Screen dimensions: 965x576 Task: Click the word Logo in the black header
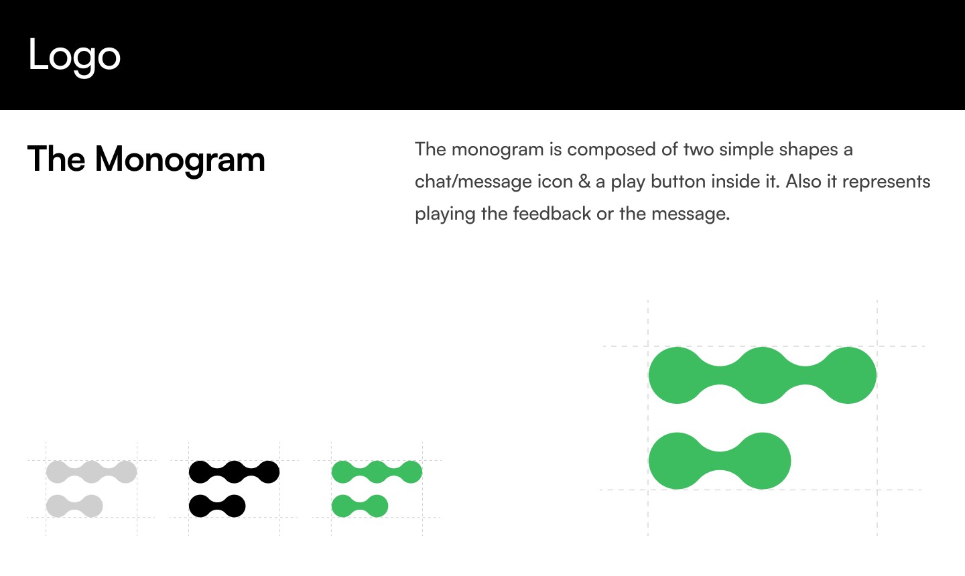(74, 56)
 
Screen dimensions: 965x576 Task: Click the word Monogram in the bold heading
(180, 160)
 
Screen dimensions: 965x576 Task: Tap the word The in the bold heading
(56, 160)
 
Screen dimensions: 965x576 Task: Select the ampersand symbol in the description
(584, 182)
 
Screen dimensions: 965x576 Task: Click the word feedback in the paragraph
(552, 214)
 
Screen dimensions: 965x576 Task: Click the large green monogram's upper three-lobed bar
(762, 375)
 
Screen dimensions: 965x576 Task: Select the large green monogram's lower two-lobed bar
(720, 461)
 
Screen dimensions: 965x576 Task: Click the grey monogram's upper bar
(92, 472)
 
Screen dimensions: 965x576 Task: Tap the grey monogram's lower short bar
(74, 506)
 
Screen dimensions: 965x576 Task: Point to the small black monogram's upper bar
(234, 472)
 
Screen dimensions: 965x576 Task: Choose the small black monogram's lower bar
(217, 506)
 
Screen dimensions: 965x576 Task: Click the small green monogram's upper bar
(377, 472)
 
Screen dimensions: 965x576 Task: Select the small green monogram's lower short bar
(360, 506)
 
